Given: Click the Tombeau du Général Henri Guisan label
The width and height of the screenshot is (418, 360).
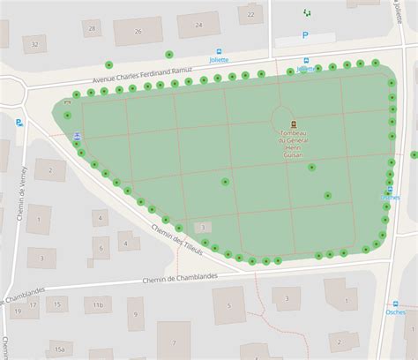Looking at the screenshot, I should [x=293, y=142].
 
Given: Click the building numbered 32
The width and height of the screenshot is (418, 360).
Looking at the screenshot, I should [x=34, y=43].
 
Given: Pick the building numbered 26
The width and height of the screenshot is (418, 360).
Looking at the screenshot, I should [x=138, y=31].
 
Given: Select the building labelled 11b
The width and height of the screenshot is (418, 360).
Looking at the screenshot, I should [x=99, y=305].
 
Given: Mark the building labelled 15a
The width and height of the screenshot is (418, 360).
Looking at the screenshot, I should [x=59, y=349].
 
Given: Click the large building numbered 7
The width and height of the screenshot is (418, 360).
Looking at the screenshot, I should [x=174, y=341].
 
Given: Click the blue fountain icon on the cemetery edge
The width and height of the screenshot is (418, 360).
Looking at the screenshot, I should [x=78, y=136].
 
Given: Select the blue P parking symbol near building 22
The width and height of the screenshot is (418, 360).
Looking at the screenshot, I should [x=305, y=36].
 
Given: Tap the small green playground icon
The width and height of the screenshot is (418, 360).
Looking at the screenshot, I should [x=306, y=12].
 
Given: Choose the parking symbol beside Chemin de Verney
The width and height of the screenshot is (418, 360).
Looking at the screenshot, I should [x=19, y=123].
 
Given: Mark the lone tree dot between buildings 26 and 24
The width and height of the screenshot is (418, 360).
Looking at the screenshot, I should [x=168, y=54].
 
